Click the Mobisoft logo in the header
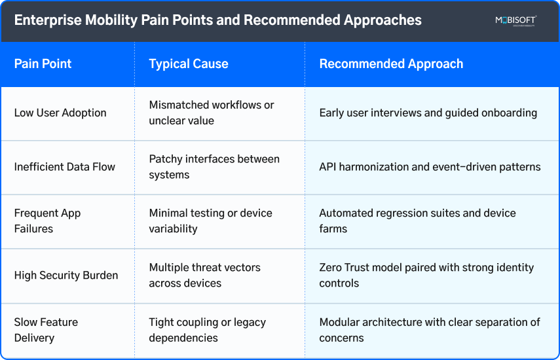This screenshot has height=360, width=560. click(x=515, y=21)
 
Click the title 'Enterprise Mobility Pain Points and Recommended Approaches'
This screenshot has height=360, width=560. click(x=217, y=20)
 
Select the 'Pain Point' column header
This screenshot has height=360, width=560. click(x=43, y=64)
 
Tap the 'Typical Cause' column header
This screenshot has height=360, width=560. click(x=189, y=64)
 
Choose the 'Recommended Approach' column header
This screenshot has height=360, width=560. click(x=391, y=64)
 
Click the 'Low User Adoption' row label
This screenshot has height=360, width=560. click(x=60, y=113)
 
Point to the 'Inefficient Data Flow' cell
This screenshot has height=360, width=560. click(x=65, y=167)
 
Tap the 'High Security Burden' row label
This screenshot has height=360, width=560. click(x=66, y=276)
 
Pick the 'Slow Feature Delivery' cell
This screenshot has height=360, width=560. click(x=46, y=330)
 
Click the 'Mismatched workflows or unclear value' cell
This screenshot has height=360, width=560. click(x=211, y=113)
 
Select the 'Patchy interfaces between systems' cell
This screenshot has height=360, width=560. click(x=214, y=167)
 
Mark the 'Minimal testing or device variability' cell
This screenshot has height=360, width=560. click(x=210, y=221)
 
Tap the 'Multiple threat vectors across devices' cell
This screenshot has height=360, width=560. click(x=204, y=276)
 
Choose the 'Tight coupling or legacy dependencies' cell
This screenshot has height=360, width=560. click(x=207, y=330)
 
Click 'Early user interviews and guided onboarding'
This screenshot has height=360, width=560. click(x=428, y=113)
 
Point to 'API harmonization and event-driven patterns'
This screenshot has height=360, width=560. click(x=430, y=167)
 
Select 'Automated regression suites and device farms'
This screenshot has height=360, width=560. click(x=417, y=221)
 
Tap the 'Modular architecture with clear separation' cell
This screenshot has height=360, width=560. click(x=430, y=330)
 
